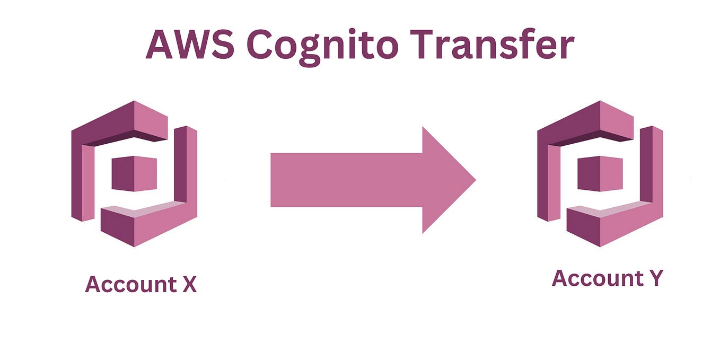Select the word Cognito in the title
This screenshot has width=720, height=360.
point(322,46)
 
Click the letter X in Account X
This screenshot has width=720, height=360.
point(189,285)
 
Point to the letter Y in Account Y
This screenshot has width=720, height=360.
point(653,278)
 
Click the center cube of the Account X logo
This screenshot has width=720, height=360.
point(134,174)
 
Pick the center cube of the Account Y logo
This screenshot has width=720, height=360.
point(600,174)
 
